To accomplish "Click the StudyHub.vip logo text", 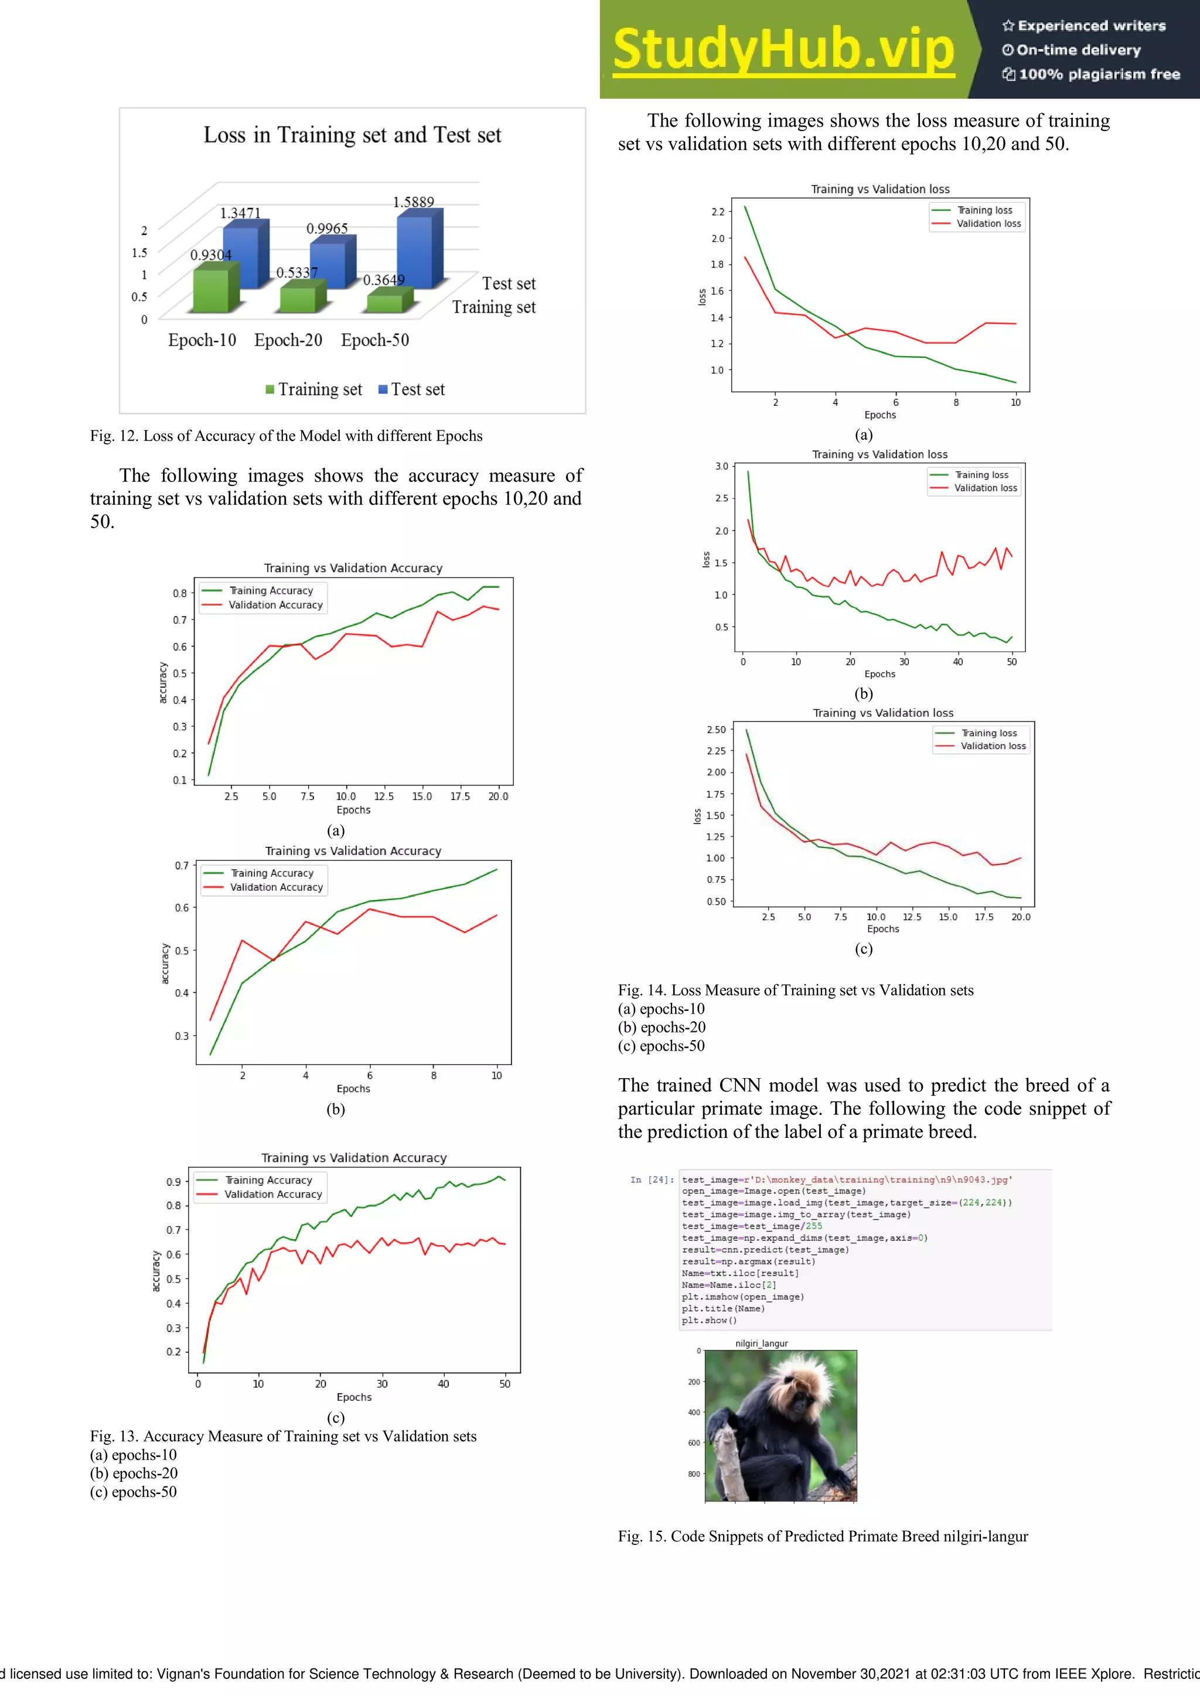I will pos(783,50).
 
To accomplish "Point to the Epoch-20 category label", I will pos(288,340).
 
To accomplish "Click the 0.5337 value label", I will pos(296,272).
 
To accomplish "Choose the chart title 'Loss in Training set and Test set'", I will pos(353,135).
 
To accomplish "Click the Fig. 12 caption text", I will pos(286,436).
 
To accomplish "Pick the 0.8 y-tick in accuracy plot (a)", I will pos(179,593).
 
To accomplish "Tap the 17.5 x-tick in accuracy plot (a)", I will pos(459,796).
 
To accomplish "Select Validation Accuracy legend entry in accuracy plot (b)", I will pos(275,887).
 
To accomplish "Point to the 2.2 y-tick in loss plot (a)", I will pos(718,212).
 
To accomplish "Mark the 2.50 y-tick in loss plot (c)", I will pos(716,730).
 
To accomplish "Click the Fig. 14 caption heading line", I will pos(795,990).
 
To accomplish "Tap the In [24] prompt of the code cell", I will pos(652,1179).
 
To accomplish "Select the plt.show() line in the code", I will pos(710,1320).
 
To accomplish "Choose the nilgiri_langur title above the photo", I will pos(761,1343).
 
